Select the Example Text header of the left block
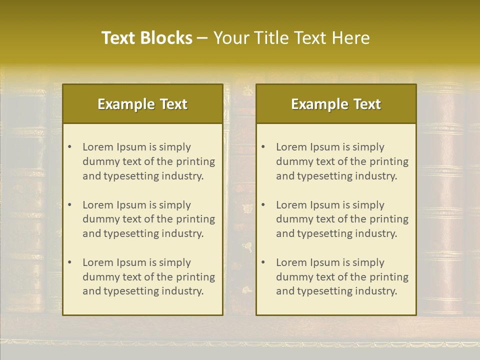(142, 104)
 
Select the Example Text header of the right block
(336, 104)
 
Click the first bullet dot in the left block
(69, 147)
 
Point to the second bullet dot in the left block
(69, 205)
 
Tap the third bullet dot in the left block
(69, 262)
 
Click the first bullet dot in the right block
(263, 147)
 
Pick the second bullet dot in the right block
(263, 205)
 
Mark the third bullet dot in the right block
(263, 262)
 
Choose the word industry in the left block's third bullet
(184, 291)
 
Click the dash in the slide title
(202, 38)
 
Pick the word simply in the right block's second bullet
(368, 205)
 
